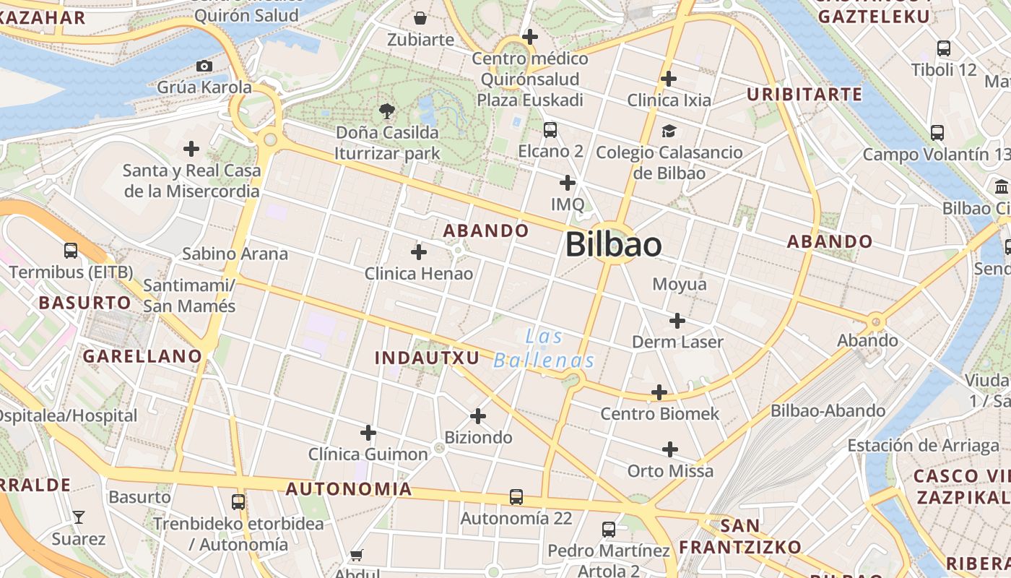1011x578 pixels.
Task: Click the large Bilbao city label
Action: click(x=613, y=244)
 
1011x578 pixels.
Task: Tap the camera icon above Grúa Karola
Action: click(x=204, y=66)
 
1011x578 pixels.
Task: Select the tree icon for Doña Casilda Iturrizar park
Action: click(x=387, y=111)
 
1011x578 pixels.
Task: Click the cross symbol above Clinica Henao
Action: click(x=418, y=252)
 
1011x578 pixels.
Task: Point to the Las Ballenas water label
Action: click(x=544, y=349)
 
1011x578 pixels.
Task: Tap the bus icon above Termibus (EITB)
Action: click(x=71, y=251)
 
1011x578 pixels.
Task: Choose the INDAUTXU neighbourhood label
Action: click(x=428, y=358)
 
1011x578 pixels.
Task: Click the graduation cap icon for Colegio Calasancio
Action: click(x=669, y=131)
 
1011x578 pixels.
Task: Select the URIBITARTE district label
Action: click(x=804, y=95)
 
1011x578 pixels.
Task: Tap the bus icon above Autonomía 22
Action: click(x=516, y=497)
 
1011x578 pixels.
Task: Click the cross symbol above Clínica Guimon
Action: click(x=368, y=433)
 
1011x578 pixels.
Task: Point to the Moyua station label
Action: click(x=680, y=284)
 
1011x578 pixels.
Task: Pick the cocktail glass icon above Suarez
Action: click(x=78, y=517)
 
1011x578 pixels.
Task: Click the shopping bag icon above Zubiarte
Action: click(x=420, y=18)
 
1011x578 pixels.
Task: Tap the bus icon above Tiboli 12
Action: click(x=943, y=48)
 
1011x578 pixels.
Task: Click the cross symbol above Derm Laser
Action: click(x=677, y=320)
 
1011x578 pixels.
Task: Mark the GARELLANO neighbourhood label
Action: click(x=142, y=355)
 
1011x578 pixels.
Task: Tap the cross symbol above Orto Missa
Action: click(x=670, y=449)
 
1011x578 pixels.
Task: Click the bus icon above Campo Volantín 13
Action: click(x=937, y=133)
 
